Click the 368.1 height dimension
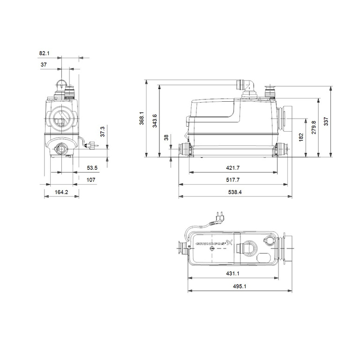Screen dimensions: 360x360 (x=142, y=119)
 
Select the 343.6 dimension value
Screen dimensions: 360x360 (x=155, y=121)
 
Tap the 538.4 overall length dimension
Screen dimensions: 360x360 (x=235, y=192)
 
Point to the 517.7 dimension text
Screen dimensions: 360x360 (x=233, y=180)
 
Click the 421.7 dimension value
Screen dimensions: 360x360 (x=233, y=168)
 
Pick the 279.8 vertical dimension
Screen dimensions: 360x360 (x=314, y=127)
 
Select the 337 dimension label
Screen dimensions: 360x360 (x=326, y=121)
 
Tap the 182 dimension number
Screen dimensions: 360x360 (x=301, y=137)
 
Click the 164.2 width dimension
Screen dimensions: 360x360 (x=61, y=192)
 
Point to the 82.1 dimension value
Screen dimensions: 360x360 (x=45, y=53)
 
